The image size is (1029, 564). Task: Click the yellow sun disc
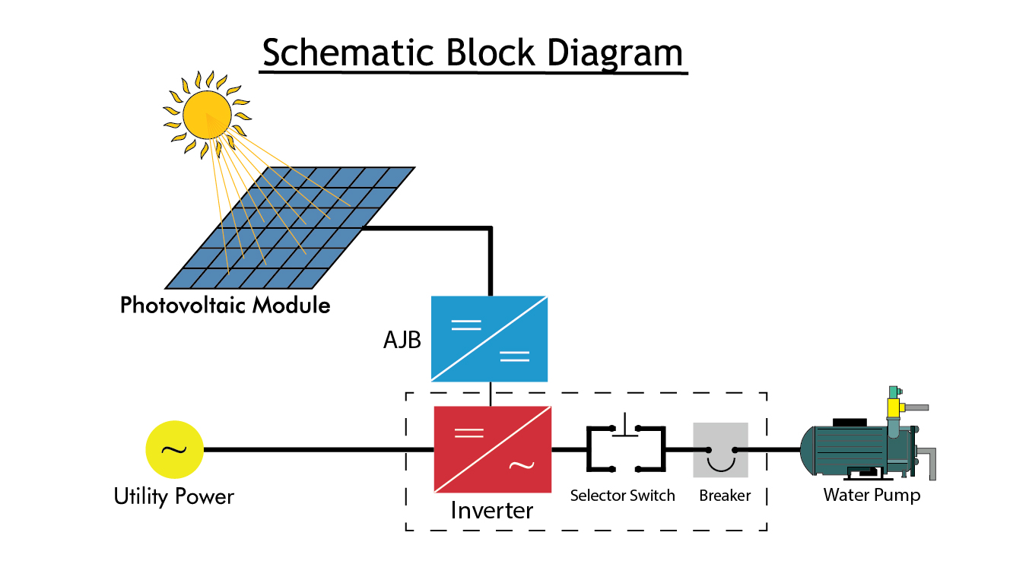[x=206, y=114]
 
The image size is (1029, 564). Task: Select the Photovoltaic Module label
[x=225, y=306]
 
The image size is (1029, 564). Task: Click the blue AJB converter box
[x=489, y=338]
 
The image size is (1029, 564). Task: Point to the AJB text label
[x=402, y=340]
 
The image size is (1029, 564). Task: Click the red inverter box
[x=492, y=449]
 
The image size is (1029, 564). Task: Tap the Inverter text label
[x=492, y=510]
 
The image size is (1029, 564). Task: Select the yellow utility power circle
[x=174, y=449]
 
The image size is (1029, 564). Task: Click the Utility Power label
[x=174, y=497]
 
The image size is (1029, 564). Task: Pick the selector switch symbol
[x=625, y=448]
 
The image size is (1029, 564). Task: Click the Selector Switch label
[x=622, y=496]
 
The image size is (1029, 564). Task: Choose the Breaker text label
[x=725, y=496]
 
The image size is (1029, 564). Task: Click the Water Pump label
[x=872, y=496]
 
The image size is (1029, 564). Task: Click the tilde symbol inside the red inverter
[x=520, y=465]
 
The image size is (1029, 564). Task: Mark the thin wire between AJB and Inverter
[x=491, y=394]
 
